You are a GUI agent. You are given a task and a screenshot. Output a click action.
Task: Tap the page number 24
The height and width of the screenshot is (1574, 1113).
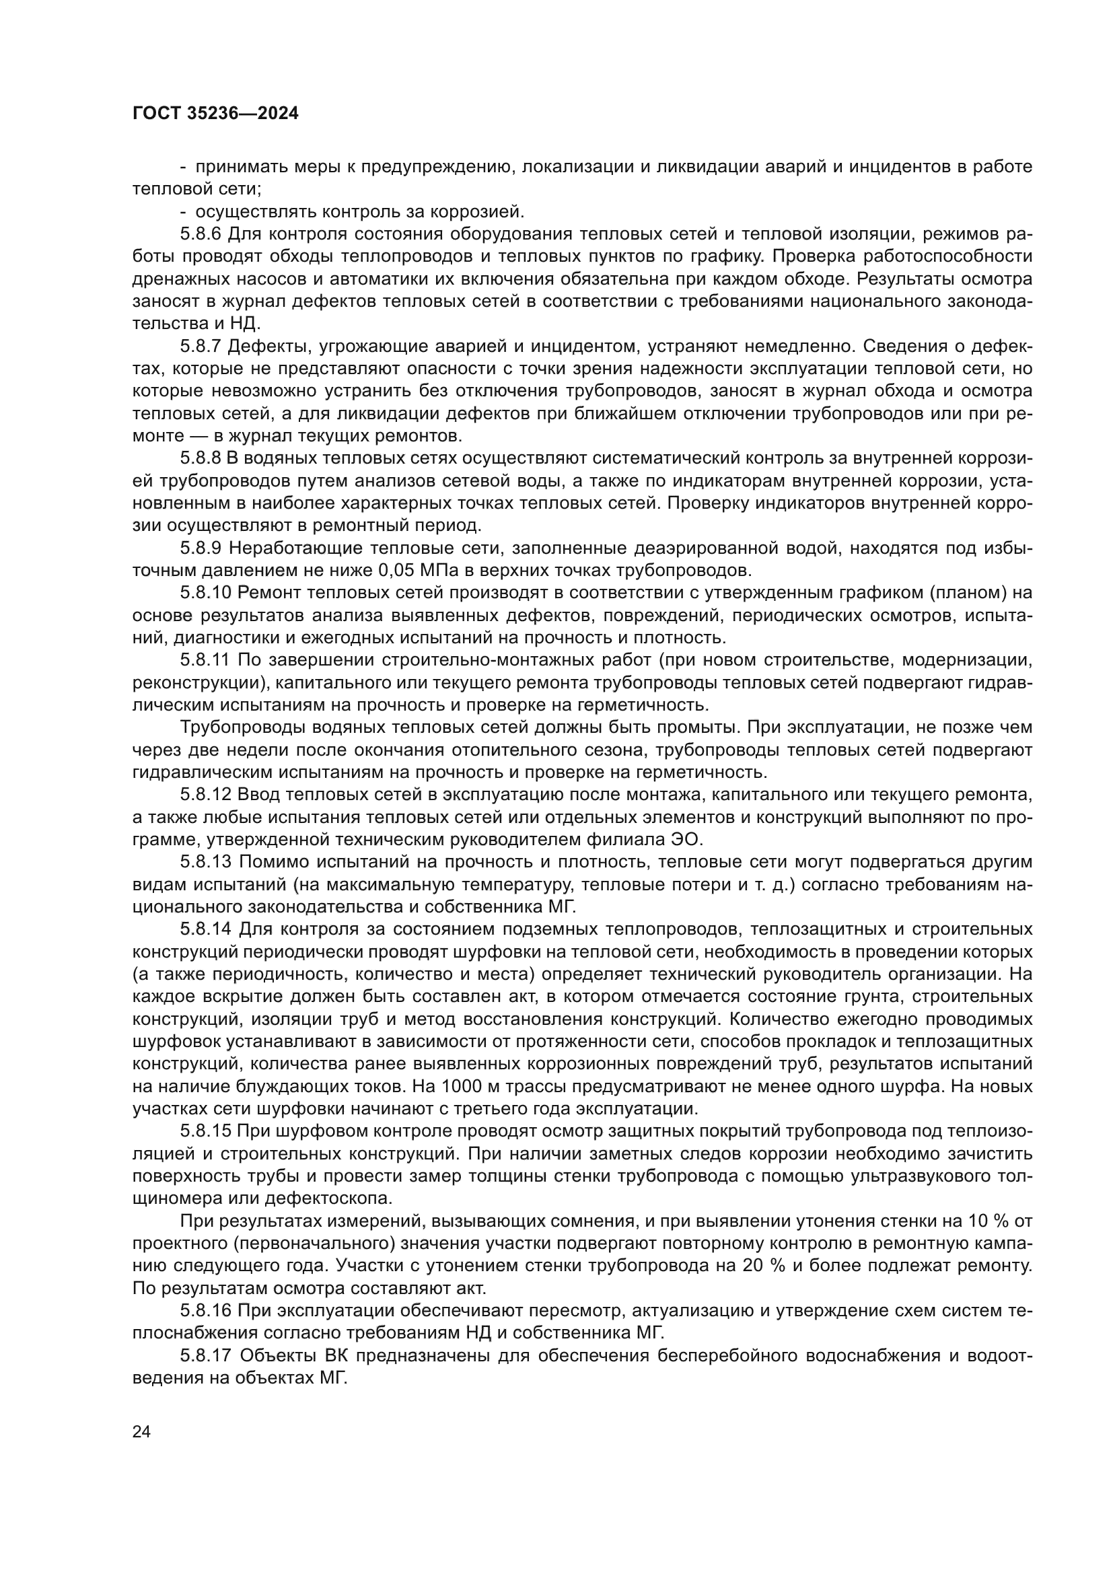[x=141, y=1431]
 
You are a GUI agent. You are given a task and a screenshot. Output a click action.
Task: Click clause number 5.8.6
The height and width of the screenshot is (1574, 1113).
[x=200, y=234]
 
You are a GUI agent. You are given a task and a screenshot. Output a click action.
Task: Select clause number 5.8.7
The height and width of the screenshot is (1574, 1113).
[x=200, y=346]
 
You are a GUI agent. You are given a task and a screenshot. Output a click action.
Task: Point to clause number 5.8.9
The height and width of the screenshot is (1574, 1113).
[x=200, y=548]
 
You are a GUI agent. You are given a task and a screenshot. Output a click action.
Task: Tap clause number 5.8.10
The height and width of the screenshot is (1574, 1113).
[x=205, y=593]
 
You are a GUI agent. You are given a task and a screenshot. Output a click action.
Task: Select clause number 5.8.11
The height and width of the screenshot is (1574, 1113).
[x=205, y=660]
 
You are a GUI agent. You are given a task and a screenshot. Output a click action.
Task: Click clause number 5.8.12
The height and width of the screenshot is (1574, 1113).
[x=205, y=795]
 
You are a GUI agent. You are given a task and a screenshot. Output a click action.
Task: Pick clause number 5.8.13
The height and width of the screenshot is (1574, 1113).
[x=205, y=863]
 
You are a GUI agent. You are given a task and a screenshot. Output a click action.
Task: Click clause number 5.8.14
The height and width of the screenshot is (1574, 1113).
[x=205, y=929]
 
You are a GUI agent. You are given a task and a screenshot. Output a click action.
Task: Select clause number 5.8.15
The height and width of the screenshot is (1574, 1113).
[x=205, y=1132]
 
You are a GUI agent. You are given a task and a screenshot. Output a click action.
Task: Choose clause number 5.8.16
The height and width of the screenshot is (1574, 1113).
[x=205, y=1312]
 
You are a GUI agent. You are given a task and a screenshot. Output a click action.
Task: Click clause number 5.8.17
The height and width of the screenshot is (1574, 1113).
[x=205, y=1356]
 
